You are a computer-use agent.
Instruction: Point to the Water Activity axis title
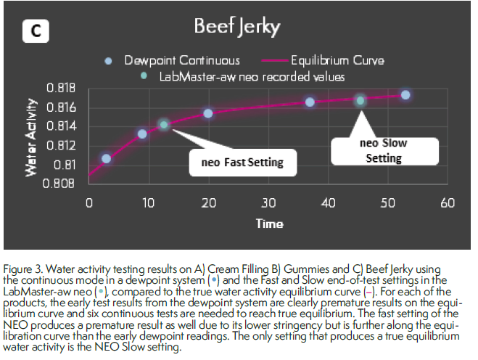[x=31, y=138]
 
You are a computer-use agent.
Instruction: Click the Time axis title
[x=269, y=223]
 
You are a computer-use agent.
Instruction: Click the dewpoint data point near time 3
[x=107, y=158]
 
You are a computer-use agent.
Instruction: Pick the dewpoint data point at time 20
[x=208, y=113]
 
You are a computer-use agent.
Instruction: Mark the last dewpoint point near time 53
[x=405, y=95]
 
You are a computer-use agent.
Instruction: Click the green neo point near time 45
[x=360, y=100]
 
